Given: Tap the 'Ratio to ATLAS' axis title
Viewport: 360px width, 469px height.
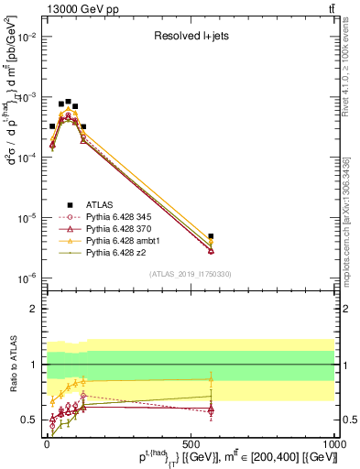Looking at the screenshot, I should point(14,365).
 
